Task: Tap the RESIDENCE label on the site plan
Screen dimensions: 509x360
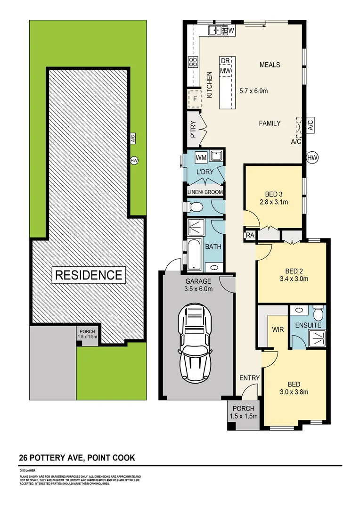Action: (x=89, y=275)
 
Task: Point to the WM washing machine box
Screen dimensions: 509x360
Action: (x=201, y=156)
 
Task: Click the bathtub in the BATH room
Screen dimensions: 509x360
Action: (x=195, y=254)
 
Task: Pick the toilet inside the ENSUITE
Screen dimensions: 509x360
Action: (x=318, y=313)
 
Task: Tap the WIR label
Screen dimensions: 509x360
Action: (x=278, y=329)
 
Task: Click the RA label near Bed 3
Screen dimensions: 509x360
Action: (x=249, y=235)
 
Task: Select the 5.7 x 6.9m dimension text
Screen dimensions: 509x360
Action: (x=254, y=91)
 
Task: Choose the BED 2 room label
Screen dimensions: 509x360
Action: (x=294, y=271)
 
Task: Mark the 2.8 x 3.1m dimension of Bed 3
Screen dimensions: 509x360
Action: (x=274, y=202)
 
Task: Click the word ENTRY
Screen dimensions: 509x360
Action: (x=249, y=378)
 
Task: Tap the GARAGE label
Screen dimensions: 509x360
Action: (x=198, y=281)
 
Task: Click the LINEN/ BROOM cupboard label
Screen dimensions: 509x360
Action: (x=205, y=192)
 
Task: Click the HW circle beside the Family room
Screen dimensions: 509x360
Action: (x=312, y=157)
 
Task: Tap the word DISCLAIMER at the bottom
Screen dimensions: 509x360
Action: (x=27, y=470)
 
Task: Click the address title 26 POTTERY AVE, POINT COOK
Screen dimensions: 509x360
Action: (x=77, y=458)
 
